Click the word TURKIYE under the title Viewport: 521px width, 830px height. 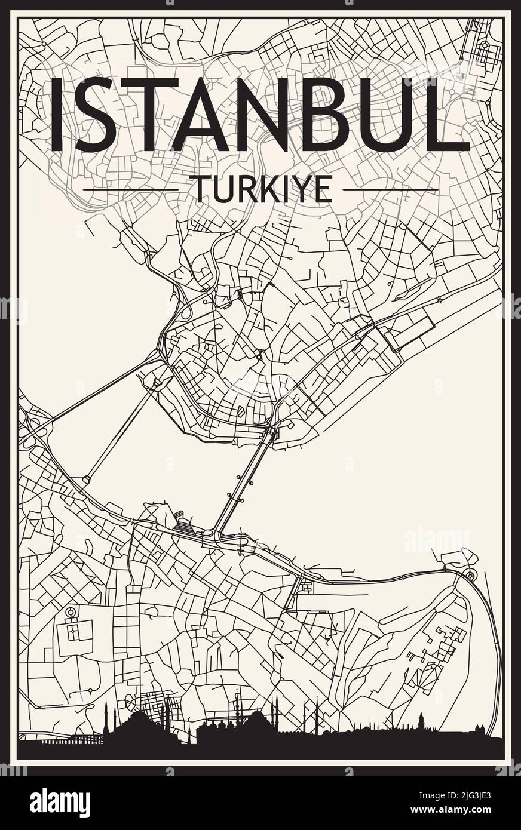point(260,189)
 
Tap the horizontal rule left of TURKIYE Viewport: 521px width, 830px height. point(131,190)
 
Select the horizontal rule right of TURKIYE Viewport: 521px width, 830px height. point(391,190)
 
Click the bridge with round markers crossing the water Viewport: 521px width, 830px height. point(244,481)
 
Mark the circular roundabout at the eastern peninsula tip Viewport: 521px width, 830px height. point(470,575)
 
